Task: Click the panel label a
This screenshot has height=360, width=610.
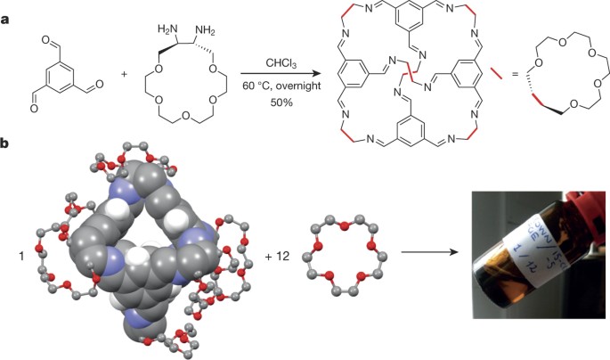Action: point(6,8)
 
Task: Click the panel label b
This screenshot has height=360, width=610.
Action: point(6,142)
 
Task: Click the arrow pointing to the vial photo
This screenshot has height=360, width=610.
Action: point(432,251)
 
